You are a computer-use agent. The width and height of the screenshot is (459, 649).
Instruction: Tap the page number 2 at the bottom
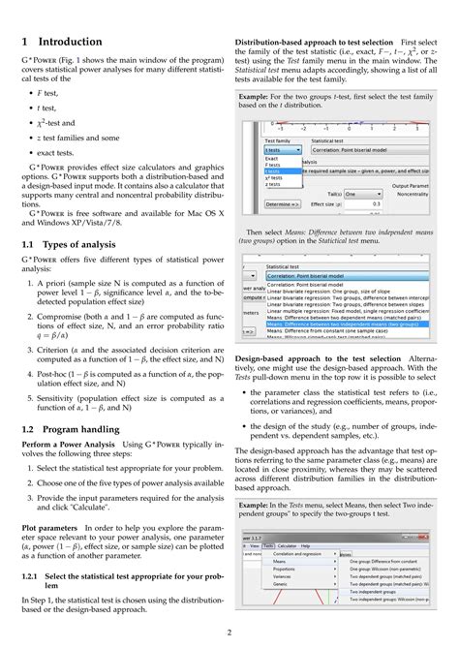click(x=229, y=631)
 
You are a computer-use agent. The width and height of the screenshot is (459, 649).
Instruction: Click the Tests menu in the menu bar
click(x=267, y=544)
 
